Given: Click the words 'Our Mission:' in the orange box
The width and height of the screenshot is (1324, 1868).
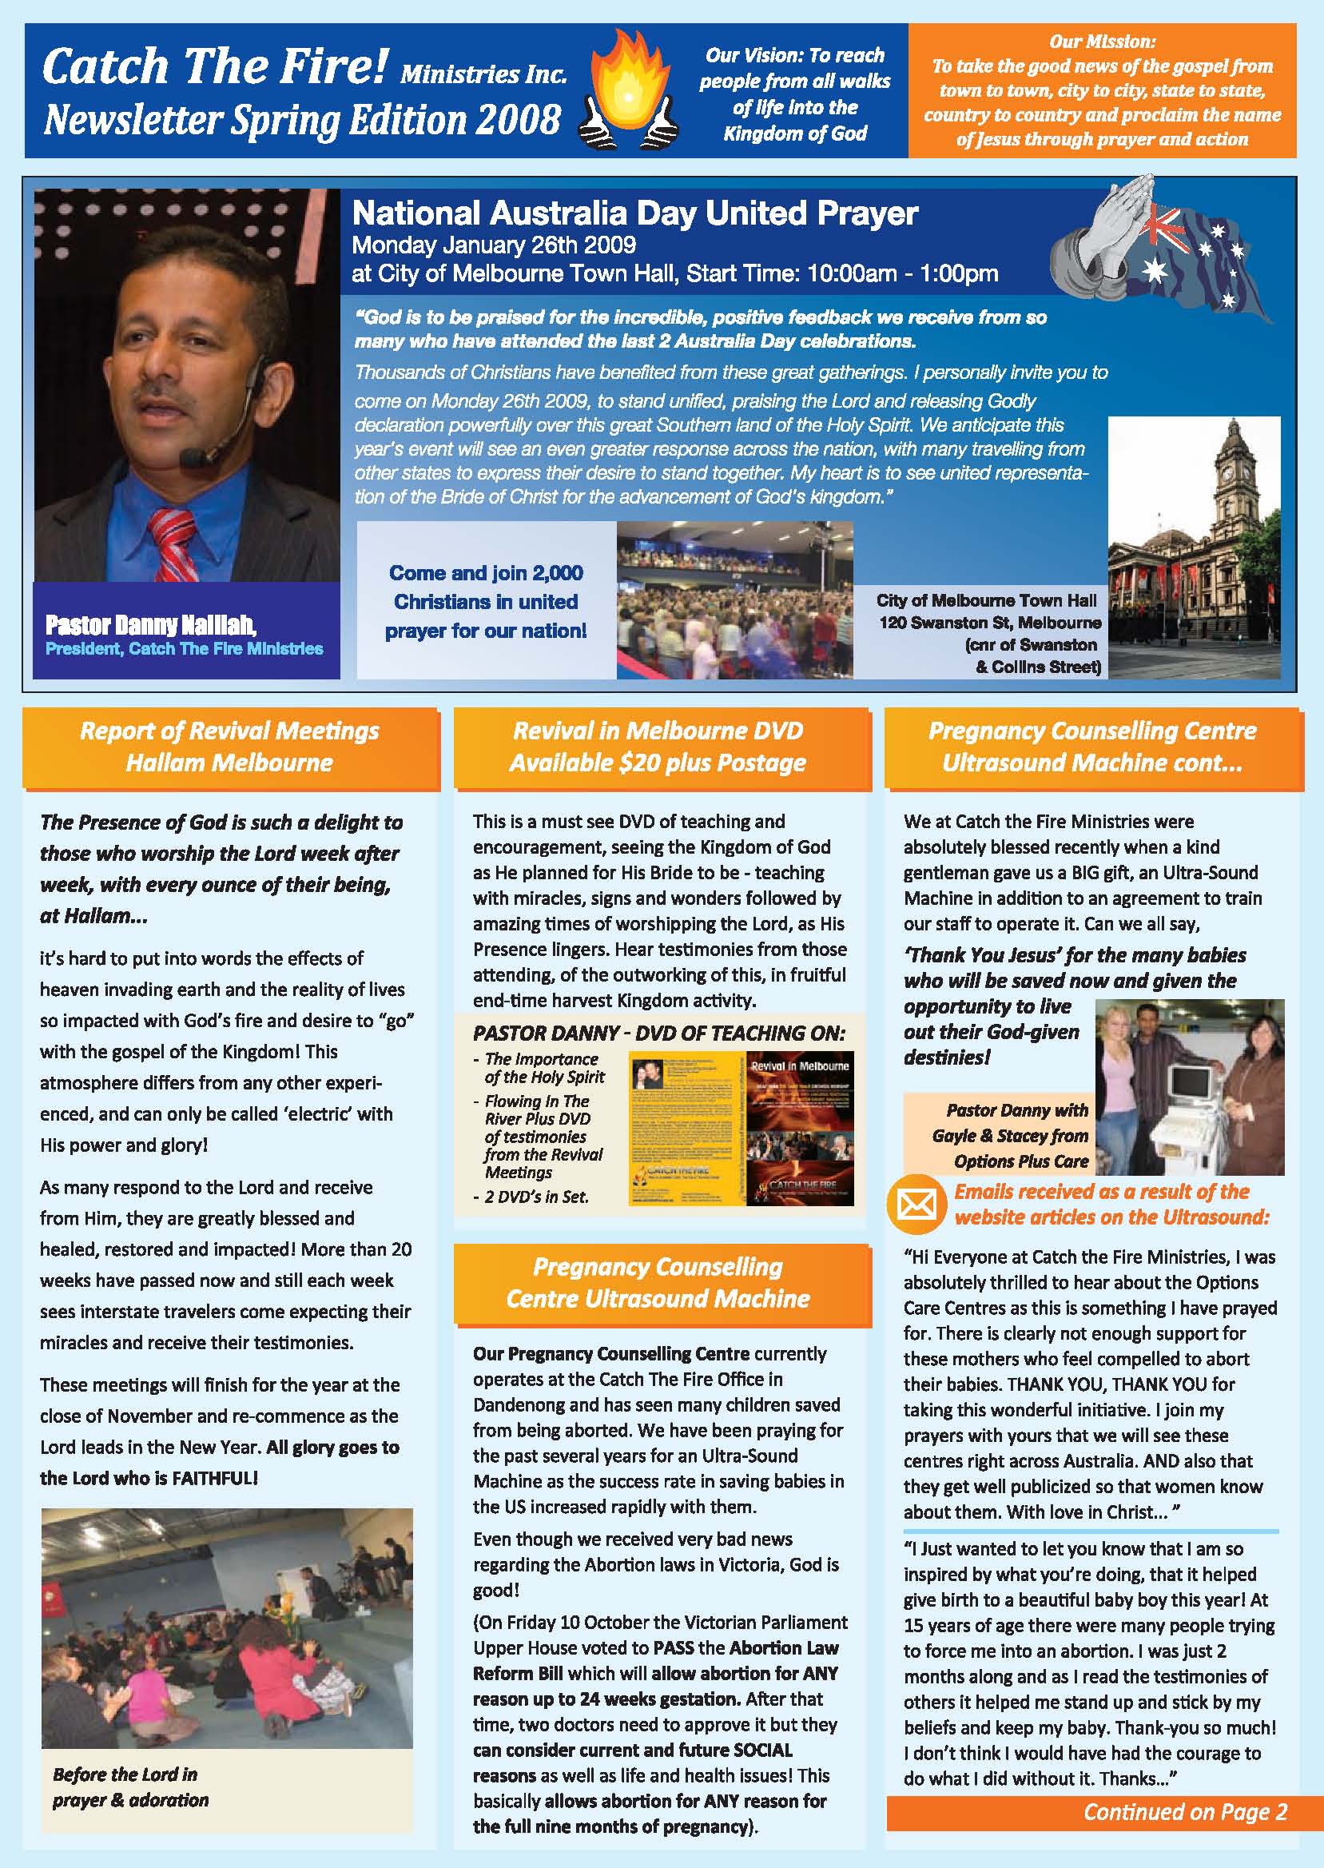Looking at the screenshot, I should click(1101, 42).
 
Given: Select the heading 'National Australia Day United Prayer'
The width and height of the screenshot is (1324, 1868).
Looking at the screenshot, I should click(634, 213).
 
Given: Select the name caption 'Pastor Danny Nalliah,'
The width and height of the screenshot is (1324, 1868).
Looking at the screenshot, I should click(151, 625).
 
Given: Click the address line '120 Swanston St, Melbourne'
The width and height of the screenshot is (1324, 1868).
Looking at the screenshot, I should click(989, 623).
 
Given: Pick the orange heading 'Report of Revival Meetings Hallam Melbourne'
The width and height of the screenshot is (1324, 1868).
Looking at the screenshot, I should click(230, 747).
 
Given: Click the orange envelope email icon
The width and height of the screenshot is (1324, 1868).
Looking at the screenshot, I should click(916, 1204).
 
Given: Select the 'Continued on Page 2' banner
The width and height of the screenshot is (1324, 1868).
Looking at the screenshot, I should click(1185, 1812).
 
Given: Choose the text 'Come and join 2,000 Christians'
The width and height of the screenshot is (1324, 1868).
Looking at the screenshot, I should click(486, 587).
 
